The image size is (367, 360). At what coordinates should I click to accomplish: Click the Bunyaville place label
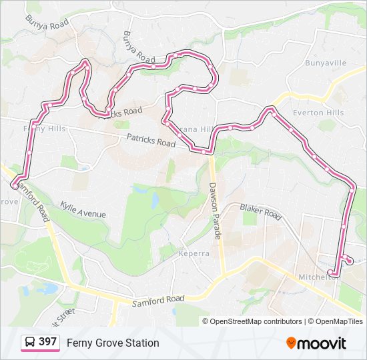click(326, 63)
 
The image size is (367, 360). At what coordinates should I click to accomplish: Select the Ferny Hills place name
click(45, 128)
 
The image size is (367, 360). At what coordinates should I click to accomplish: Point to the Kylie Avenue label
click(83, 209)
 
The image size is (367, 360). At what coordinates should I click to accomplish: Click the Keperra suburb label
click(194, 253)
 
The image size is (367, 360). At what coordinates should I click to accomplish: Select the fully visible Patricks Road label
click(151, 140)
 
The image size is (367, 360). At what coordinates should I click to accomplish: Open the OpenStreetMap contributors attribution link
click(256, 321)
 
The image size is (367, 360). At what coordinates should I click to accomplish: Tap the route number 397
click(47, 342)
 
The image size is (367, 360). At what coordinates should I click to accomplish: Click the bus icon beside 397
click(30, 343)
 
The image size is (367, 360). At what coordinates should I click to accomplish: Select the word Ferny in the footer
click(78, 343)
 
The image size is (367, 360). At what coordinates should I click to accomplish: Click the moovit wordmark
click(322, 343)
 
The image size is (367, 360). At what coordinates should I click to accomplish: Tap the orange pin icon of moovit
click(291, 343)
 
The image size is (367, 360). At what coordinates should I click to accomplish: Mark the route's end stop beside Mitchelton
click(332, 273)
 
